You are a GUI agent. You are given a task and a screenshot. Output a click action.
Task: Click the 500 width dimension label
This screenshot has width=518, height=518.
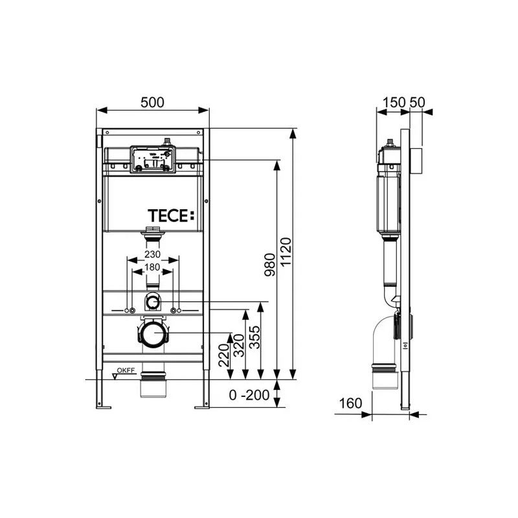pyautogui.click(x=152, y=102)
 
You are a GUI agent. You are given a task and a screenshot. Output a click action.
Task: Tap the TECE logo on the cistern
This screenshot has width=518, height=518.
pyautogui.click(x=171, y=216)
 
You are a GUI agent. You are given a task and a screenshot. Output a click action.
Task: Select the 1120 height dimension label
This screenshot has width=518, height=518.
pyautogui.click(x=286, y=252)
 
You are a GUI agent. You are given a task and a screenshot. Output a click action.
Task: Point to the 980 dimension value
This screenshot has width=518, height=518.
pyautogui.click(x=269, y=265)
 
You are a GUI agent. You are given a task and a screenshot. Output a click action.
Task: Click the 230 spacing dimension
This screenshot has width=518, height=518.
pyautogui.click(x=152, y=254)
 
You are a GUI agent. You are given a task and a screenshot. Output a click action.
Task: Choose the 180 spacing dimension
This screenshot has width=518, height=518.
pyautogui.click(x=152, y=267)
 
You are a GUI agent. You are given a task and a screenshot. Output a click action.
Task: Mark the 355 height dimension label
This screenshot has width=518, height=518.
pyautogui.click(x=254, y=337)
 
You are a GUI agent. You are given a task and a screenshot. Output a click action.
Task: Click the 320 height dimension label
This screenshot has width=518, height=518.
pyautogui.click(x=239, y=346)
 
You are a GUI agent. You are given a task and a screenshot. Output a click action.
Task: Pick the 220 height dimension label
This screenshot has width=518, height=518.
pyautogui.click(x=223, y=355)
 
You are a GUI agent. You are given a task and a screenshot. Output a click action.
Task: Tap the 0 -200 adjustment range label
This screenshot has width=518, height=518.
pyautogui.click(x=249, y=395)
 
